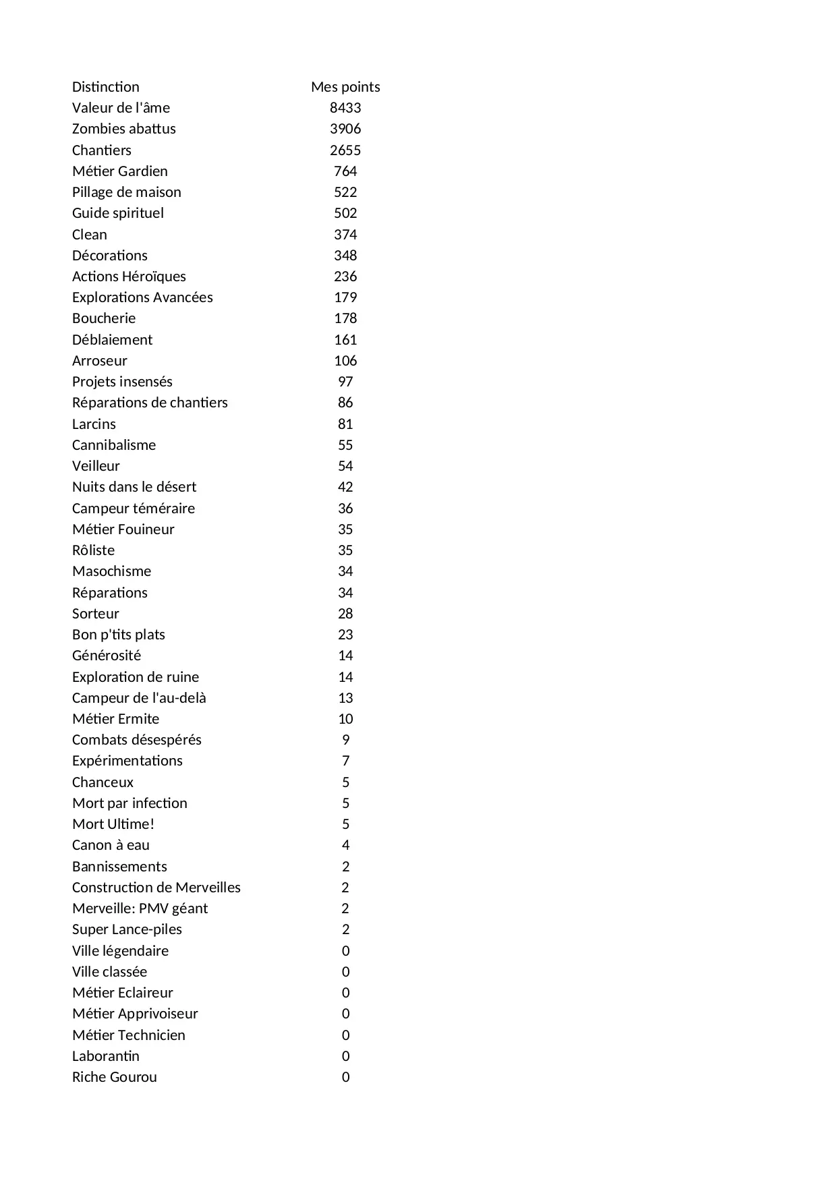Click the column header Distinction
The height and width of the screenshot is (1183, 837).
click(106, 87)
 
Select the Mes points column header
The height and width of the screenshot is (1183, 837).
click(345, 87)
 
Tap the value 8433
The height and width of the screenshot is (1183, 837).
click(345, 108)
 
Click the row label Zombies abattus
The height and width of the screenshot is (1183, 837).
click(124, 129)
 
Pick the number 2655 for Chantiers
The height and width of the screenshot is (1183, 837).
click(345, 150)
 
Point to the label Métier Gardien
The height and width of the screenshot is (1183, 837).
click(120, 171)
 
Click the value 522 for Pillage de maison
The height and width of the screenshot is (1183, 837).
click(345, 192)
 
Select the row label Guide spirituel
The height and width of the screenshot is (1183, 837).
click(118, 213)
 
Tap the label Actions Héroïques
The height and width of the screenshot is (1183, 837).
click(129, 277)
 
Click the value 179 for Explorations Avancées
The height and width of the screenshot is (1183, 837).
click(345, 297)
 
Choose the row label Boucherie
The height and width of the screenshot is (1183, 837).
click(104, 318)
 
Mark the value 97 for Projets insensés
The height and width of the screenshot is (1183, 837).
click(345, 382)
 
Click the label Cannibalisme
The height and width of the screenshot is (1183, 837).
click(114, 445)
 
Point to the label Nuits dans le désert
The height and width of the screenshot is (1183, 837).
click(134, 487)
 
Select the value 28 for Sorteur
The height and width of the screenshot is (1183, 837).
click(345, 614)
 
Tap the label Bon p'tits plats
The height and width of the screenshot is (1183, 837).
click(119, 635)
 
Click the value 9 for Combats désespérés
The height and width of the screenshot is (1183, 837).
click(345, 740)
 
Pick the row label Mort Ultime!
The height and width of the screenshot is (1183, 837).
click(113, 824)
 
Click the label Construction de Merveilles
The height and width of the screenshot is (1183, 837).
click(156, 888)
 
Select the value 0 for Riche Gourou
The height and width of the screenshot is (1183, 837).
click(345, 1077)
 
